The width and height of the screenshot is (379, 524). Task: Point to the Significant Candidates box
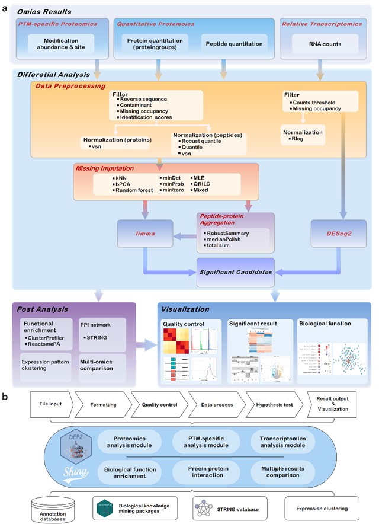click(235, 272)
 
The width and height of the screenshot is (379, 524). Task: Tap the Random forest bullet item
click(132, 190)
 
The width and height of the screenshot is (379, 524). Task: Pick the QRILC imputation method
click(201, 184)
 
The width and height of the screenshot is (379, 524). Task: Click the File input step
click(51, 404)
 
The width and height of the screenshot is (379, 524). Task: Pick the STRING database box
click(227, 508)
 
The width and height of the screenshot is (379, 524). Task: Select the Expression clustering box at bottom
click(323, 508)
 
